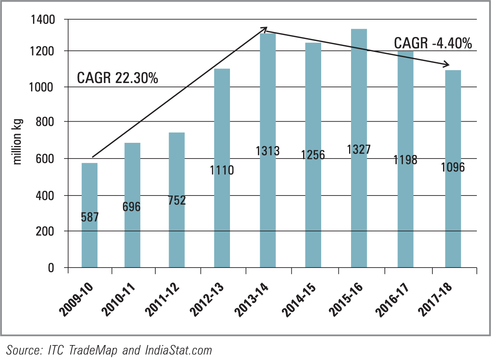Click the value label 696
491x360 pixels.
coord(131,206)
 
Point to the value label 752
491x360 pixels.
coord(177,200)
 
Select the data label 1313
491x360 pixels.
coord(267,151)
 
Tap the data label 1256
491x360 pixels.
coord(313,155)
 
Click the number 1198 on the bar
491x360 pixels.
coord(405,160)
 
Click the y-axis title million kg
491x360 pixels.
coord(18,142)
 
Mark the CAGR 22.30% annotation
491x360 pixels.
coord(117,78)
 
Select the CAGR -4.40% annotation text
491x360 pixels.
coord(433,43)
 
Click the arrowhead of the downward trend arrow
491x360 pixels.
coord(447,65)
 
